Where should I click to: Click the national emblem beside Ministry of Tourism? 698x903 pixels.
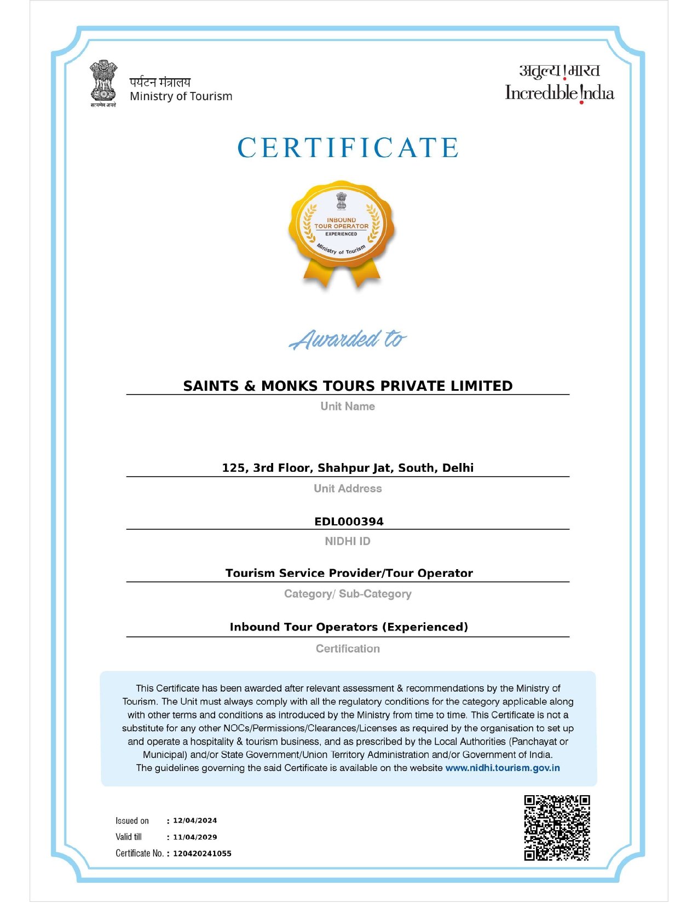[103, 83]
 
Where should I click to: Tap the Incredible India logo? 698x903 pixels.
[559, 84]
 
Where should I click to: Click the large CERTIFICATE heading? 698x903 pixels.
[348, 148]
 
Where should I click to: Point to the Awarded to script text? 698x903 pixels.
[348, 339]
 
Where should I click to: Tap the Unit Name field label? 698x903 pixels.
[348, 406]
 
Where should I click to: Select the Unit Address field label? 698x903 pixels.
[348, 488]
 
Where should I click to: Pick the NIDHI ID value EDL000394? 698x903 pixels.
[349, 522]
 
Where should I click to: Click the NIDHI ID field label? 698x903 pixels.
[348, 541]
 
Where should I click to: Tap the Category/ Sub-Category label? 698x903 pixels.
[348, 594]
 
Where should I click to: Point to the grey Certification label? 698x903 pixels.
[348, 649]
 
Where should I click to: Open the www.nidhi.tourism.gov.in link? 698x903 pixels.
[503, 768]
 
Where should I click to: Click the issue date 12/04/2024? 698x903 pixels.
[195, 820]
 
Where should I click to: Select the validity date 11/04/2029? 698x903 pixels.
[195, 837]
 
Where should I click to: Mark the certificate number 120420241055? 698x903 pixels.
[202, 853]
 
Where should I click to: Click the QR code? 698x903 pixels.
[557, 827]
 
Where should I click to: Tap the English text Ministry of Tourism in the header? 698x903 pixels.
[181, 96]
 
